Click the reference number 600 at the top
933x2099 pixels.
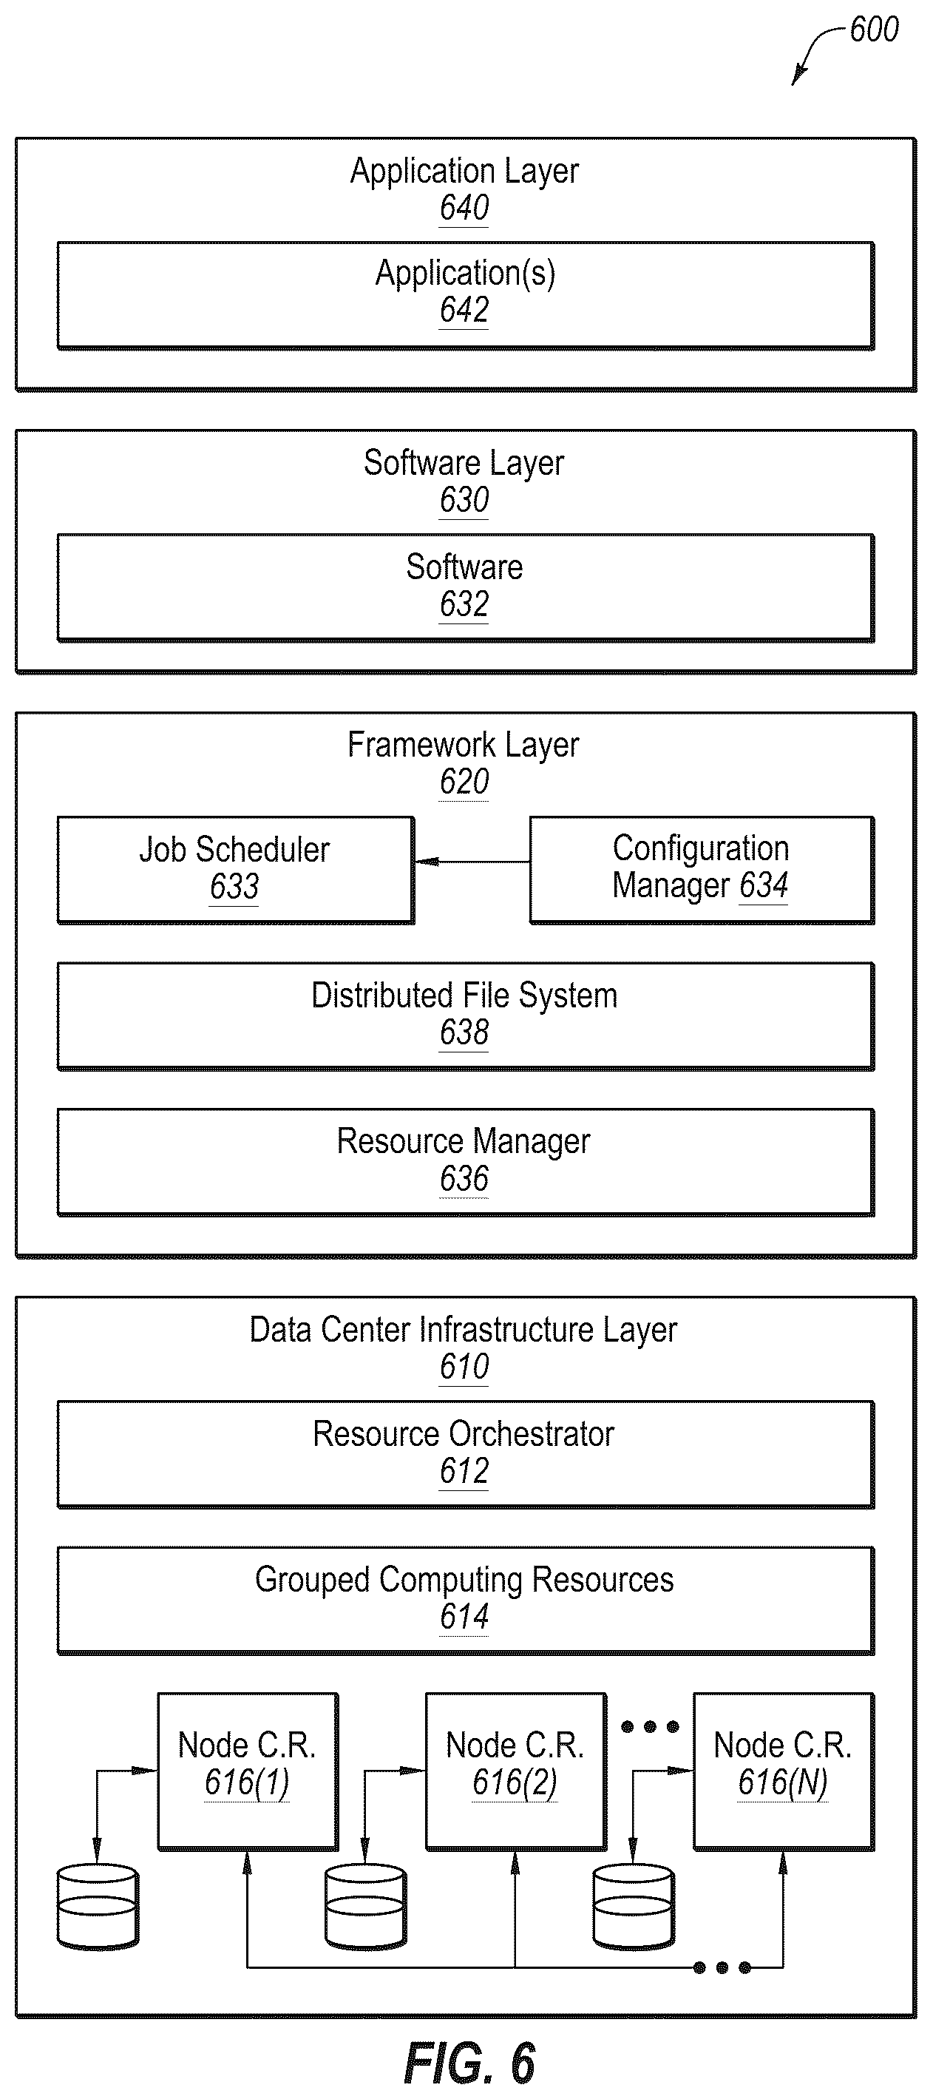point(874,30)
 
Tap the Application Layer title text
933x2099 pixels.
point(464,172)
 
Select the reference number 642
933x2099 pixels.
point(464,310)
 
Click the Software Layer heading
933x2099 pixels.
point(464,464)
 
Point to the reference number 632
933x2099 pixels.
point(464,604)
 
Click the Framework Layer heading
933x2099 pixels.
point(463,746)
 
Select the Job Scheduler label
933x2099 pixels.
point(234,850)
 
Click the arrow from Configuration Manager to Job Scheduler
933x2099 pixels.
point(472,862)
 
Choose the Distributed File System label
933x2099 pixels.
point(464,996)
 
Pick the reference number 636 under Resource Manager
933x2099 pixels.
point(464,1178)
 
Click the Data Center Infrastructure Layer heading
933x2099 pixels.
point(463,1331)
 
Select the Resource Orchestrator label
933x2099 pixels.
point(464,1434)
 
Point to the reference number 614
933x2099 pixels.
point(464,1617)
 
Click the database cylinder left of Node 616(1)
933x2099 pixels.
point(98,1907)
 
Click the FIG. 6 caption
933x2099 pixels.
point(469,2063)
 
